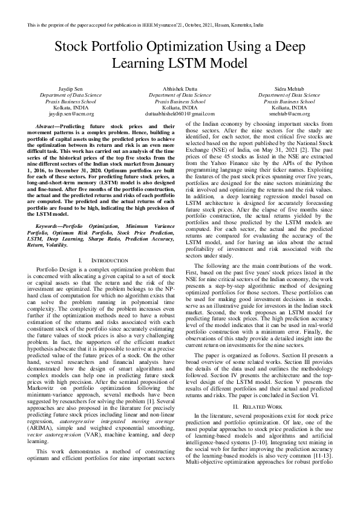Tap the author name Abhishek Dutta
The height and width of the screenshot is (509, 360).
(180, 89)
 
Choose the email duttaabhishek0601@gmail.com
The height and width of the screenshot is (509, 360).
(180, 113)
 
